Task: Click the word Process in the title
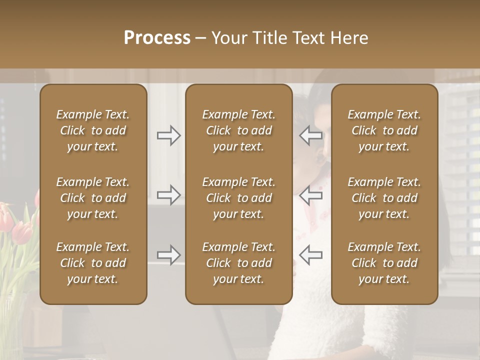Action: (x=157, y=38)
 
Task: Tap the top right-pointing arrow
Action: (x=168, y=135)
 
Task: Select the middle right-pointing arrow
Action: (x=168, y=194)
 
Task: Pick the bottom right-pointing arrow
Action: (x=168, y=255)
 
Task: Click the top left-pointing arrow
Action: (x=311, y=135)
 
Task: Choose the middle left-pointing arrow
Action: (x=311, y=194)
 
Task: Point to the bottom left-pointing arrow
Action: (x=311, y=255)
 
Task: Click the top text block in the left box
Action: (x=93, y=130)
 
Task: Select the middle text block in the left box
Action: (x=93, y=198)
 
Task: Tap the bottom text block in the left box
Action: (x=93, y=263)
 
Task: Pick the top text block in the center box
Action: (x=238, y=130)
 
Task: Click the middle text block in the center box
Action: (x=238, y=198)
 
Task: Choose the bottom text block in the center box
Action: (x=238, y=263)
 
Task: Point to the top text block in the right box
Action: (x=384, y=130)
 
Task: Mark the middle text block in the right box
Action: (x=384, y=198)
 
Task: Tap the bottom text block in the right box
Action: (x=384, y=263)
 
